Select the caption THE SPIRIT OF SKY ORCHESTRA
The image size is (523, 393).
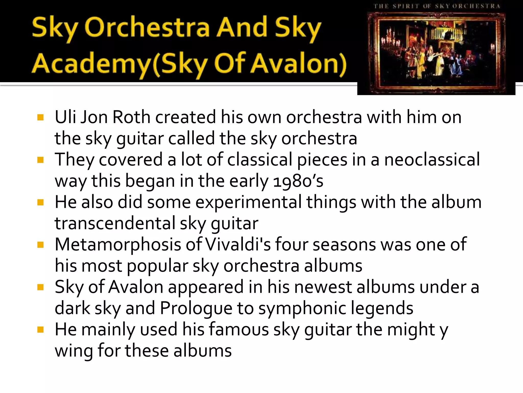point(437,6)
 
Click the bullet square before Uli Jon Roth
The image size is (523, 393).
point(40,117)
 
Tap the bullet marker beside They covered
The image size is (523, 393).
point(40,160)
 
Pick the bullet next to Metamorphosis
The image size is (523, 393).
point(40,245)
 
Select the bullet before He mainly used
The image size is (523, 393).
point(40,330)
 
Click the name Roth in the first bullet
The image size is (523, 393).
point(131,117)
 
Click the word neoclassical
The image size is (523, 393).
point(432,160)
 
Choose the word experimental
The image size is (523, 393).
point(248,202)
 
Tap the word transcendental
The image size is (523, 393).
point(115,223)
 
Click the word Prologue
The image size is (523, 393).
point(196,308)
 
